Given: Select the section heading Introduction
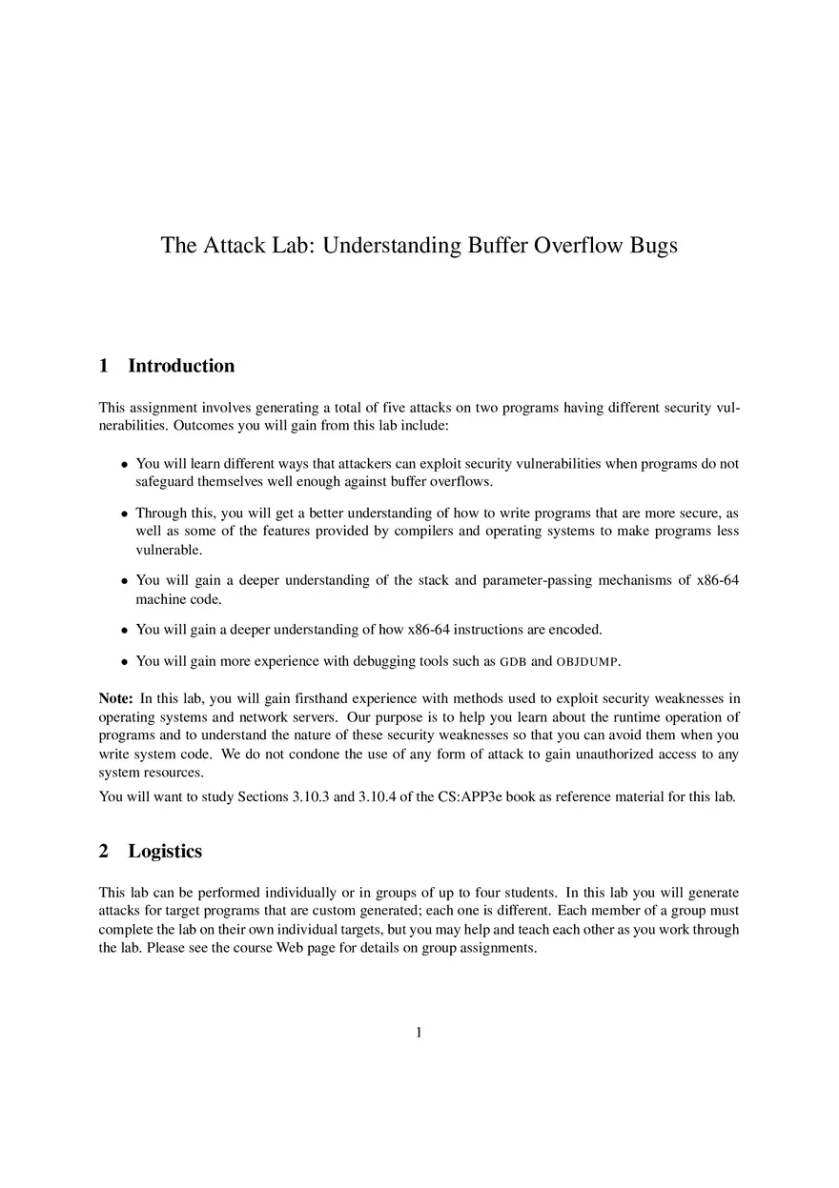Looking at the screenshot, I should click(x=181, y=366).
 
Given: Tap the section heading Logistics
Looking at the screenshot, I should click(x=165, y=851).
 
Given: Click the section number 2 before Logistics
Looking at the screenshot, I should click(x=104, y=851).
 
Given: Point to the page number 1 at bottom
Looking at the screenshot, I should click(x=419, y=1032).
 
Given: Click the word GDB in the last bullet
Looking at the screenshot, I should click(x=514, y=661).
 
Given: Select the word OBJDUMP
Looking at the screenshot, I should click(x=587, y=661).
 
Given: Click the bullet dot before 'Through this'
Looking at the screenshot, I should click(x=124, y=513).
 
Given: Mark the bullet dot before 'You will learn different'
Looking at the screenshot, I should click(x=124, y=465).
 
